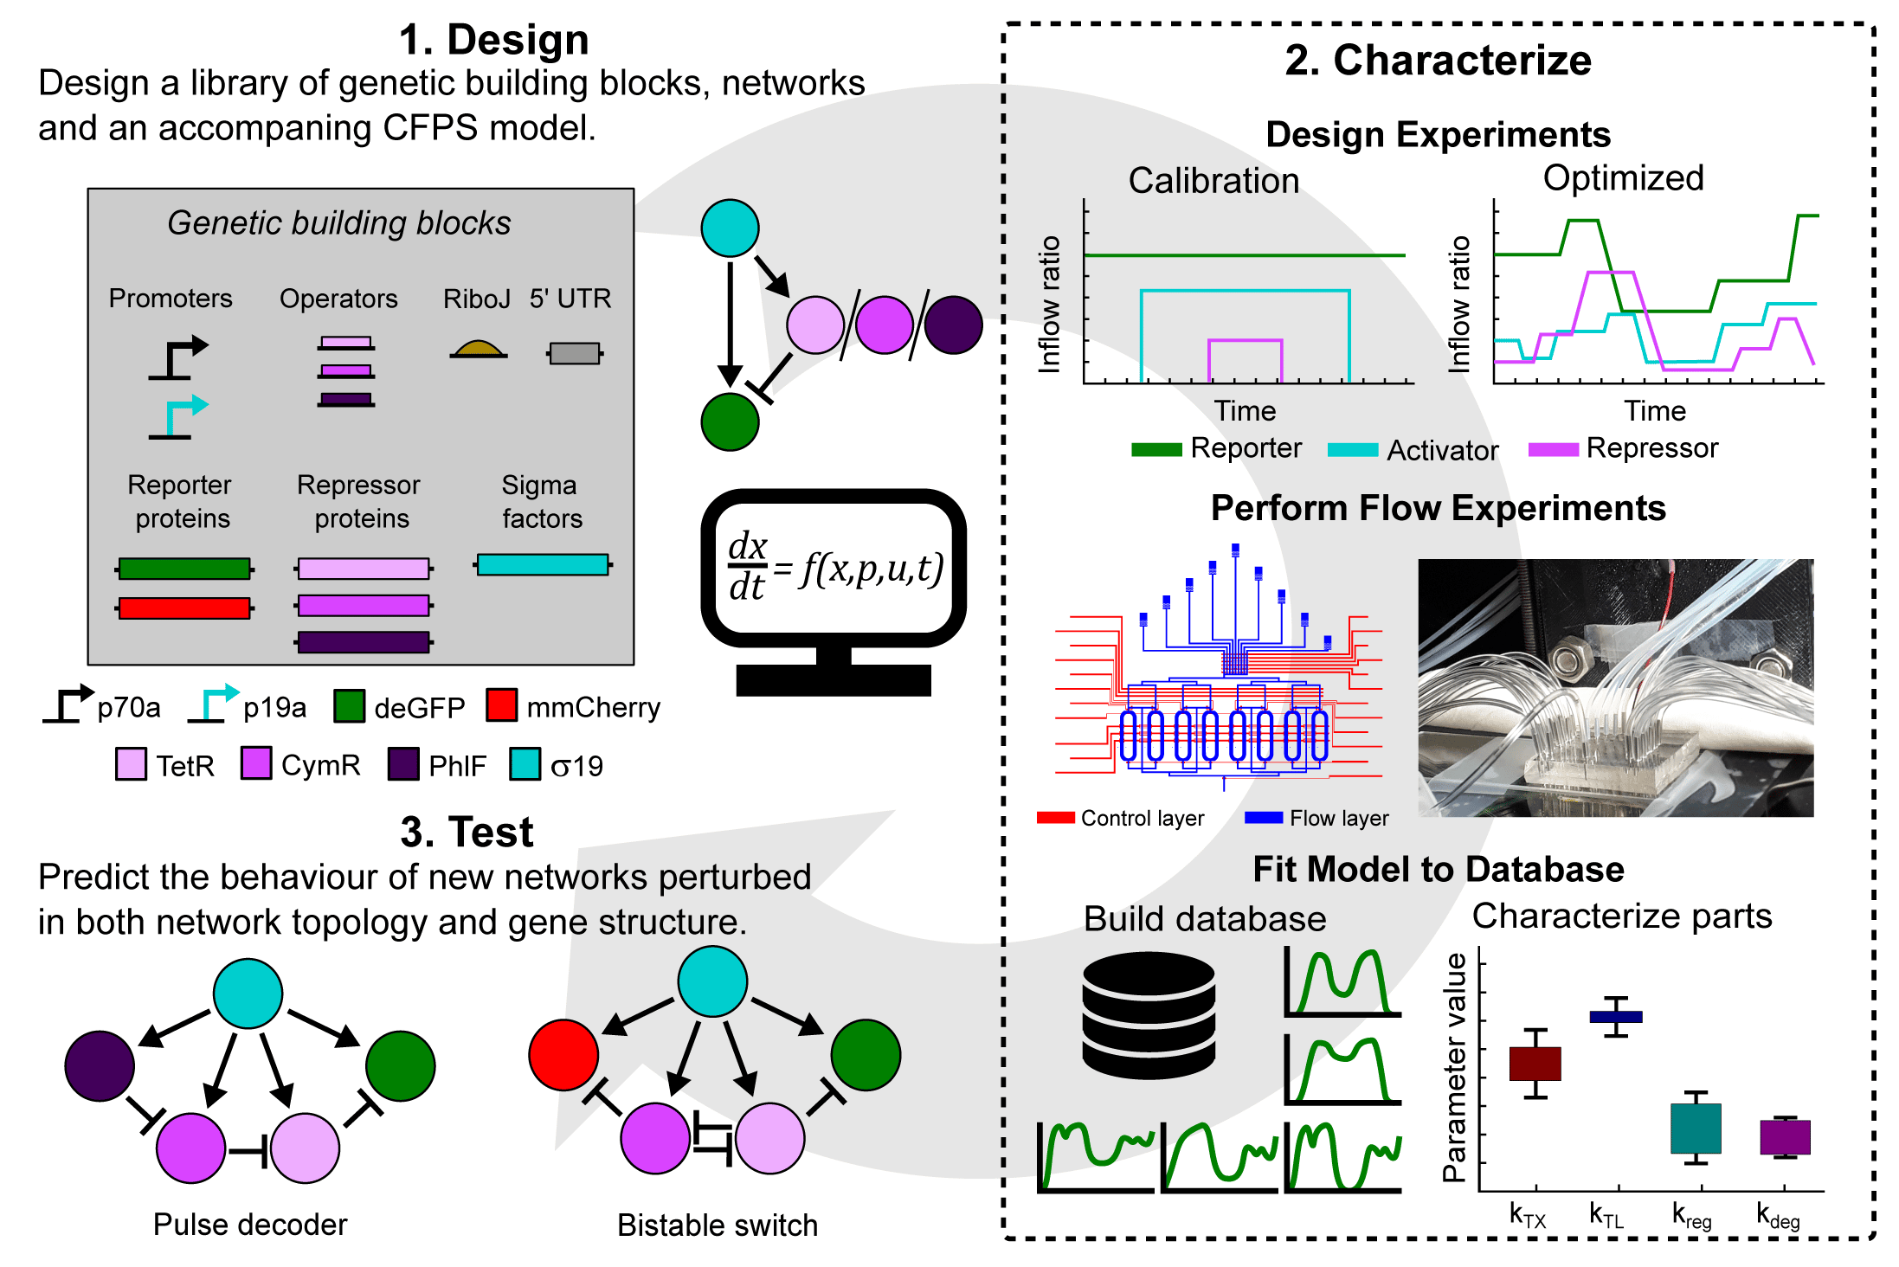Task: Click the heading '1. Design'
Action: (493, 40)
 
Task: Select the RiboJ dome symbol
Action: (478, 350)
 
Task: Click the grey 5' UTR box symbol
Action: (575, 353)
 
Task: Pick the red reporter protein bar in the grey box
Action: (184, 608)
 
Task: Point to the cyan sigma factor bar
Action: (543, 565)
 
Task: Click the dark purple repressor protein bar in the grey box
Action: (364, 642)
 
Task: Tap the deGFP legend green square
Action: (349, 706)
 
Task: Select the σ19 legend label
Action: (576, 766)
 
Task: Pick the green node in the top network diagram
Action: (730, 422)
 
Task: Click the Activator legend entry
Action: (1441, 450)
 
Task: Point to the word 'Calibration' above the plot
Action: (1213, 181)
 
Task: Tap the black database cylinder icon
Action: (1149, 1015)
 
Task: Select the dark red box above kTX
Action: (1535, 1064)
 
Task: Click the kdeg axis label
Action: (1777, 1216)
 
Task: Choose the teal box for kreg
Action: (1696, 1128)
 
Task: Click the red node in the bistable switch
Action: (563, 1055)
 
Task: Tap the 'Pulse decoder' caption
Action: (250, 1225)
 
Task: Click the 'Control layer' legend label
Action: (1142, 818)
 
